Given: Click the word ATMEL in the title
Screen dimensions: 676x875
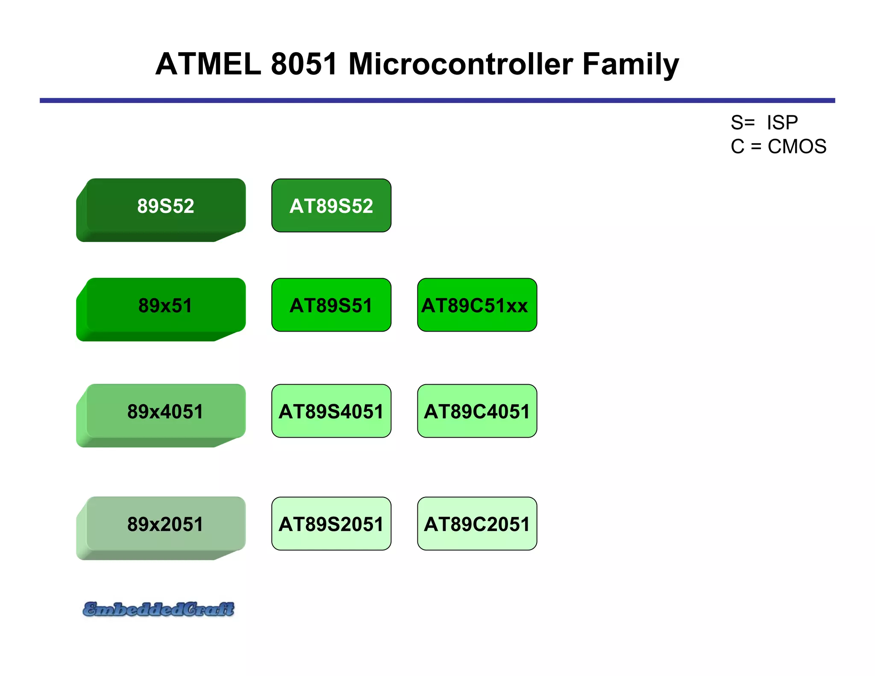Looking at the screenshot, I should (208, 64).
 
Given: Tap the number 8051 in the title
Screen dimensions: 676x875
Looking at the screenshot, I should (304, 64).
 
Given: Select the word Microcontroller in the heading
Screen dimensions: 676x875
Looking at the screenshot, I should (461, 64).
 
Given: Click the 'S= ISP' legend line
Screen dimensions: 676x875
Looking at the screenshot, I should (764, 123).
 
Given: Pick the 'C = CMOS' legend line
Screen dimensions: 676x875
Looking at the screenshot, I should (778, 147).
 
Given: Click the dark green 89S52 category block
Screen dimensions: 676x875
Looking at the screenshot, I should (166, 206).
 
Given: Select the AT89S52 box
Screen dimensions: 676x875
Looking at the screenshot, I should (331, 206).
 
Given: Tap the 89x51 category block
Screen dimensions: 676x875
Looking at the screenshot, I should (166, 306).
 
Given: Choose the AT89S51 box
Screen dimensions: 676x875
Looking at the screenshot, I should (331, 306).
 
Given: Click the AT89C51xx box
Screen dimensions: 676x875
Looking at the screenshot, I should (477, 306).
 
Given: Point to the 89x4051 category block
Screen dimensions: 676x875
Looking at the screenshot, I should (166, 412).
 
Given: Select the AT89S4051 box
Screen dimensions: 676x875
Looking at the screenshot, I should (331, 411).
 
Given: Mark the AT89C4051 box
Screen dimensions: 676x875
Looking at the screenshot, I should (477, 411).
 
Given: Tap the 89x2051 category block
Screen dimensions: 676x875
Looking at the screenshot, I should (166, 525).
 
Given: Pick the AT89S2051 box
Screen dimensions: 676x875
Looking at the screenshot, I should (331, 524).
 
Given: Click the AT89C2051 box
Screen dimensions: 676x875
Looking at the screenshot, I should (477, 524).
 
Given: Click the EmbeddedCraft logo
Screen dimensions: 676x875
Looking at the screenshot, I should (159, 609).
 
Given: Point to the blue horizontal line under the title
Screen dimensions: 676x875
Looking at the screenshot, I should (437, 100).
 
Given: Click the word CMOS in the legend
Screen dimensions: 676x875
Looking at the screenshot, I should (797, 147).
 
